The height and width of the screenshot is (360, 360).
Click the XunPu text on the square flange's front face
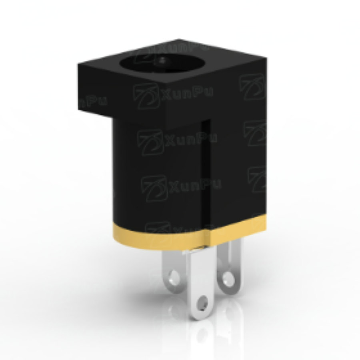click(188, 94)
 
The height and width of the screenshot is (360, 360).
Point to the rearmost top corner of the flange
click(179, 40)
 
